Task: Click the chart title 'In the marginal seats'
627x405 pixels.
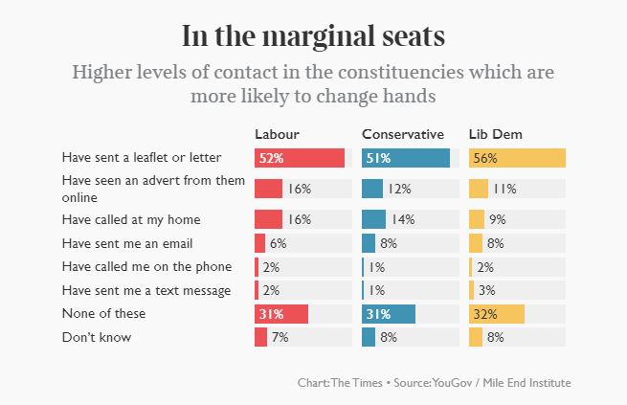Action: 313,36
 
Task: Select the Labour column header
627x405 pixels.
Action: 277,133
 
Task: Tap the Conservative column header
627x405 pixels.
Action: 402,133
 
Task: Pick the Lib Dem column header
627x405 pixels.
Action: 495,133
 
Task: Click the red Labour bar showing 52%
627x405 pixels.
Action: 299,158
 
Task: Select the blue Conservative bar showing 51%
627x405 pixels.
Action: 406,158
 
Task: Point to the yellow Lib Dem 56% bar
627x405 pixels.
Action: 517,158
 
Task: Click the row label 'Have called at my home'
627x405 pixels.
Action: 131,219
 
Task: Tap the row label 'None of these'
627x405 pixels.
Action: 102,313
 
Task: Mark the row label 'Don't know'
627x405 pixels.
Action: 96,337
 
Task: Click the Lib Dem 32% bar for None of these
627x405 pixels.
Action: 497,313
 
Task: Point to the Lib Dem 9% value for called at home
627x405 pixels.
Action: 497,219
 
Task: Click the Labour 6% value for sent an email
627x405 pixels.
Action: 279,243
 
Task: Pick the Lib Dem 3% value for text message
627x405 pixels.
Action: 487,290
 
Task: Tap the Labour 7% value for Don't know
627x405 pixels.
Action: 280,337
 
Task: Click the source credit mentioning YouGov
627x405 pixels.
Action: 434,383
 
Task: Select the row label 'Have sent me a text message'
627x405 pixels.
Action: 146,290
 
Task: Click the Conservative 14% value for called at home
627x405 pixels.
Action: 403,219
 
